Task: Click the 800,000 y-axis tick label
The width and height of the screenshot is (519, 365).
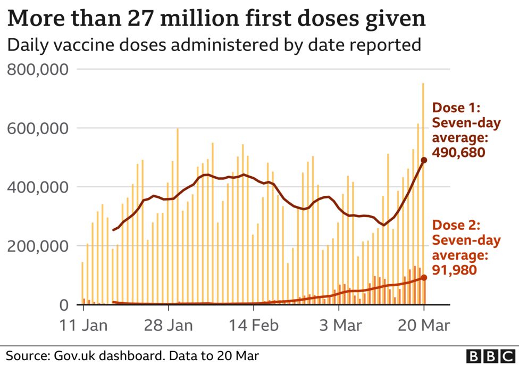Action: click(37, 70)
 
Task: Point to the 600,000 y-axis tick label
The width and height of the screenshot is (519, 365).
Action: click(37, 129)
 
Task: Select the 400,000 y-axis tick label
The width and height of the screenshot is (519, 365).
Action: click(37, 187)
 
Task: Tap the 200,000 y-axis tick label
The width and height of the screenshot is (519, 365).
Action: click(37, 246)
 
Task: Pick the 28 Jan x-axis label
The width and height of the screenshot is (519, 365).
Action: click(169, 325)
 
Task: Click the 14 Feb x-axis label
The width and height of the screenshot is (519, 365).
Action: click(254, 325)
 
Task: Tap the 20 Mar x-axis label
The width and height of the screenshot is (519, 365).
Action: click(424, 325)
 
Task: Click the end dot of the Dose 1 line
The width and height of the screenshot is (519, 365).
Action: click(424, 160)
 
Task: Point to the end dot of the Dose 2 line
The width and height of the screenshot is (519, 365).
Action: click(424, 278)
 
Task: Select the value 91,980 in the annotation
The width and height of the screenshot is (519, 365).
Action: click(454, 270)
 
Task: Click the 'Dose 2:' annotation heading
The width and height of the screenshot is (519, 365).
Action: click(457, 226)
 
